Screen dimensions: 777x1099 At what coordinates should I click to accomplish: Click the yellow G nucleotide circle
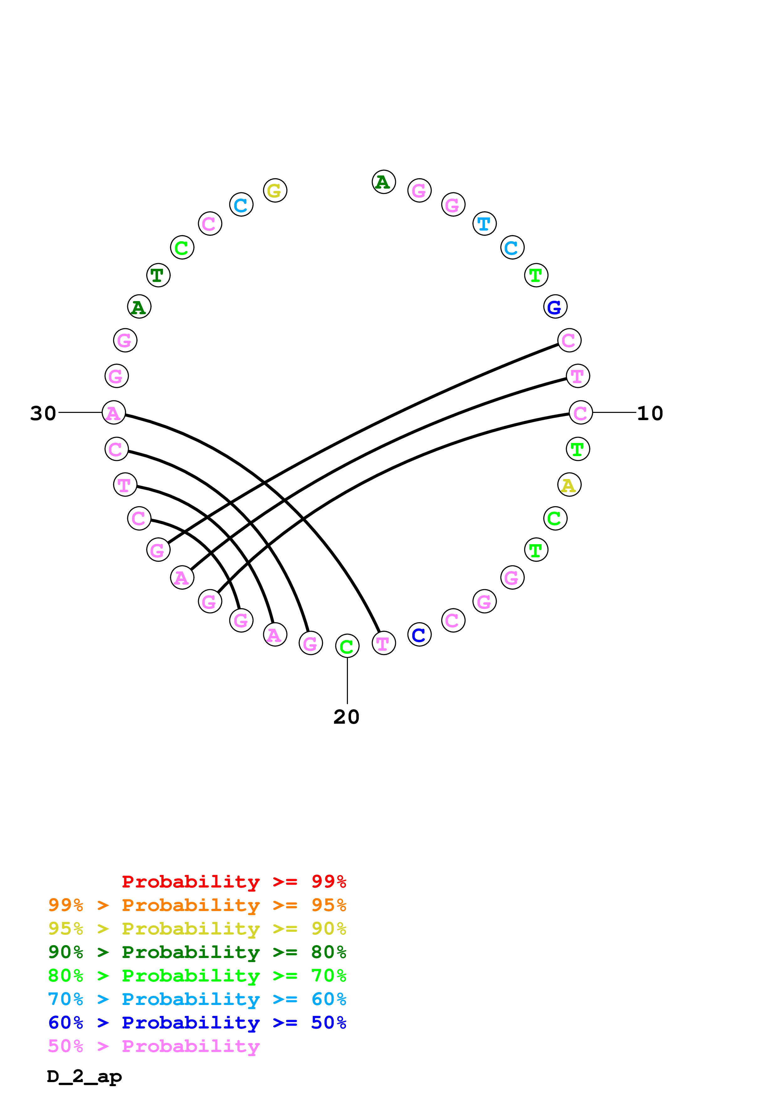point(275,190)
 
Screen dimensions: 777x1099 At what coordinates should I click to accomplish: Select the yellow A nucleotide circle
point(569,485)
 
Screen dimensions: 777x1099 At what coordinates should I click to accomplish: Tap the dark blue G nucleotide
point(555,307)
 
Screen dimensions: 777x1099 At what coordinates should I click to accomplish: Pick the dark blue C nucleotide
point(419,635)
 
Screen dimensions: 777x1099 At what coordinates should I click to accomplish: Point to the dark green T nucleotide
point(158,275)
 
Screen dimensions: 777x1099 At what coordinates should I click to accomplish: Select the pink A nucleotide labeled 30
point(114,413)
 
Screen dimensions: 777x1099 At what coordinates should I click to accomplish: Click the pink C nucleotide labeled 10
point(581,413)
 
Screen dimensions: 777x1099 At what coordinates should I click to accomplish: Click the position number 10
point(650,414)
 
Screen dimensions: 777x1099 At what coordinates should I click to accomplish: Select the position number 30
point(43,414)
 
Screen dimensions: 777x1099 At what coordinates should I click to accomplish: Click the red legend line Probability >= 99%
point(234,882)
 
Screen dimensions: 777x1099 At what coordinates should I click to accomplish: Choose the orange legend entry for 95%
point(197,905)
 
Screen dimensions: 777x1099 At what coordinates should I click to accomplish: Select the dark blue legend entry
point(197,1023)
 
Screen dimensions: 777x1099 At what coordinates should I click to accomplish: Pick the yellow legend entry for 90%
point(197,929)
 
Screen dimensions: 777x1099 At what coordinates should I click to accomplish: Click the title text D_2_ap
point(84,1076)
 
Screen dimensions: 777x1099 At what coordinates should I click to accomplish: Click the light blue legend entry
point(197,999)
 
